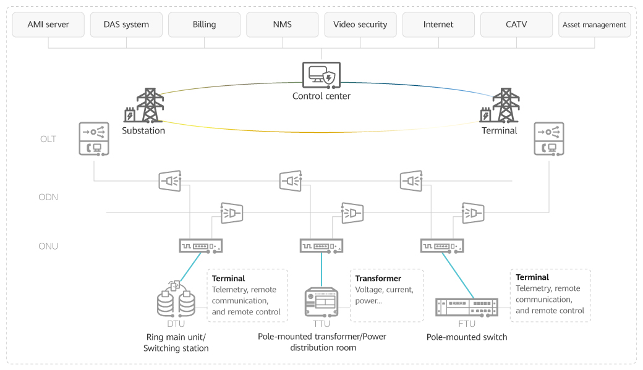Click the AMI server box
(48, 25)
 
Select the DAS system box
(127, 25)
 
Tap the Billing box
(204, 25)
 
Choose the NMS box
(282, 25)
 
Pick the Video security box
(360, 25)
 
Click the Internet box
(438, 25)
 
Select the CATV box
(516, 25)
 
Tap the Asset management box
(594, 25)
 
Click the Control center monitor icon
(321, 75)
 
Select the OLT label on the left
(48, 139)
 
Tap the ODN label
(48, 197)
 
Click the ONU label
(48, 246)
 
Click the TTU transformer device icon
(321, 302)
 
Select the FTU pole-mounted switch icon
(466, 306)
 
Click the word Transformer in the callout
(378, 279)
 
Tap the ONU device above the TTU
(321, 246)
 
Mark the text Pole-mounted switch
(466, 337)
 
